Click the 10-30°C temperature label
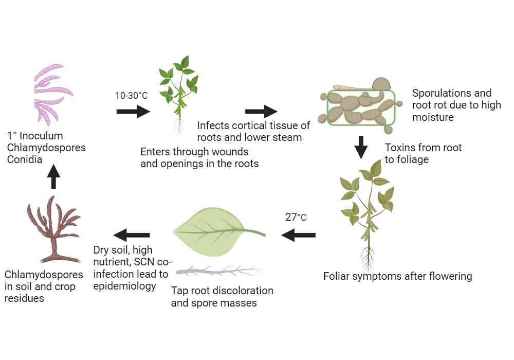point(132,96)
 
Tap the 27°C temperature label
point(296,217)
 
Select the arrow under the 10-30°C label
point(133,111)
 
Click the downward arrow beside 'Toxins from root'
point(362,148)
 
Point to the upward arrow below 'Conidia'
point(53,179)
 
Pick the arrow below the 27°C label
point(298,236)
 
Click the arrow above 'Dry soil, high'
point(132,236)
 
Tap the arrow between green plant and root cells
point(261,111)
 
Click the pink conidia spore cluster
point(51,93)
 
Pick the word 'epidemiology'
point(124,286)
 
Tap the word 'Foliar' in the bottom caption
point(337,276)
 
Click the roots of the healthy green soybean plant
point(179,127)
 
